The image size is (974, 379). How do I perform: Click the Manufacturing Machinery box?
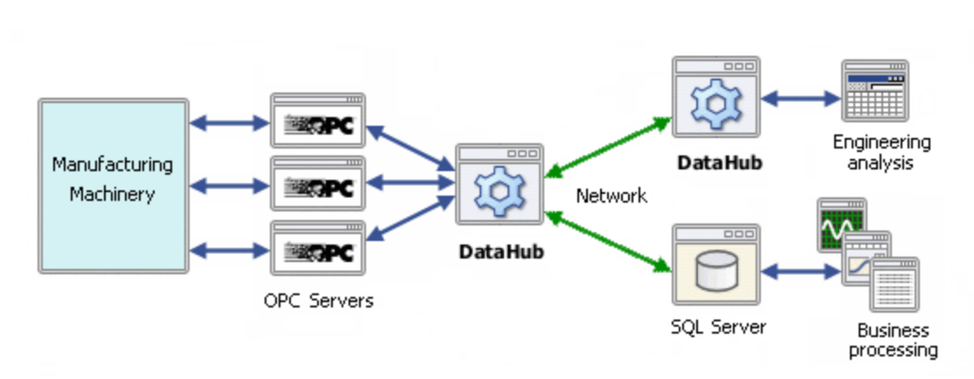pyautogui.click(x=113, y=185)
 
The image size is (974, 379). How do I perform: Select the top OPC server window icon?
pyautogui.click(x=317, y=121)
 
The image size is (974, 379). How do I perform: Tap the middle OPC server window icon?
pyautogui.click(x=317, y=183)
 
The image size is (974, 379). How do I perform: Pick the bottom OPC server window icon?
pyautogui.click(x=317, y=248)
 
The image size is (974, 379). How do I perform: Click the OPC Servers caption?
pyautogui.click(x=318, y=301)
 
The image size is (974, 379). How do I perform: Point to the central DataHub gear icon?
pyautogui.click(x=500, y=190)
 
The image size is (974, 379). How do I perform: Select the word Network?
pyautogui.click(x=611, y=196)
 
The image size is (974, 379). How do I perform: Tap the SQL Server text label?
pyautogui.click(x=718, y=327)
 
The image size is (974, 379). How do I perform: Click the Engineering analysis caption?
pyautogui.click(x=881, y=152)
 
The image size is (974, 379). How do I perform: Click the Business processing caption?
pyautogui.click(x=894, y=340)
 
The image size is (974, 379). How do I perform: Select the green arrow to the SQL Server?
pyautogui.click(x=608, y=242)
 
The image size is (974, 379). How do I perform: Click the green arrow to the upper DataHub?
pyautogui.click(x=608, y=148)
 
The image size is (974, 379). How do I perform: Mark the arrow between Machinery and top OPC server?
pyautogui.click(x=229, y=123)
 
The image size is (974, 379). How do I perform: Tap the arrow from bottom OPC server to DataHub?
pyautogui.click(x=411, y=218)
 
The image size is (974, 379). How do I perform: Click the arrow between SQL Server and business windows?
pyautogui.click(x=801, y=272)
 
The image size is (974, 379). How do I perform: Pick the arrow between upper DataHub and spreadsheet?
pyautogui.click(x=801, y=98)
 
